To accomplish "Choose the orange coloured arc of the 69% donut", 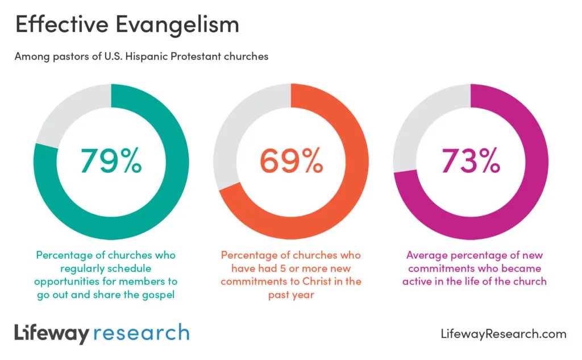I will point(341,199).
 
